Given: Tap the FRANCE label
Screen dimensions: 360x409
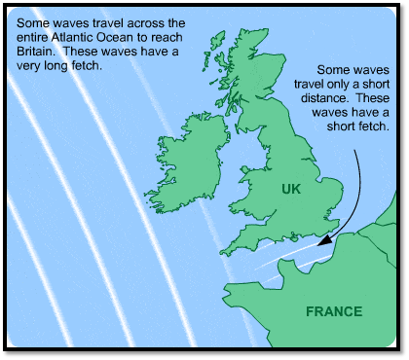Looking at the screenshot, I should [x=333, y=312].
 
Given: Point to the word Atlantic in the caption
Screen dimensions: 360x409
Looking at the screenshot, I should [x=86, y=39].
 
